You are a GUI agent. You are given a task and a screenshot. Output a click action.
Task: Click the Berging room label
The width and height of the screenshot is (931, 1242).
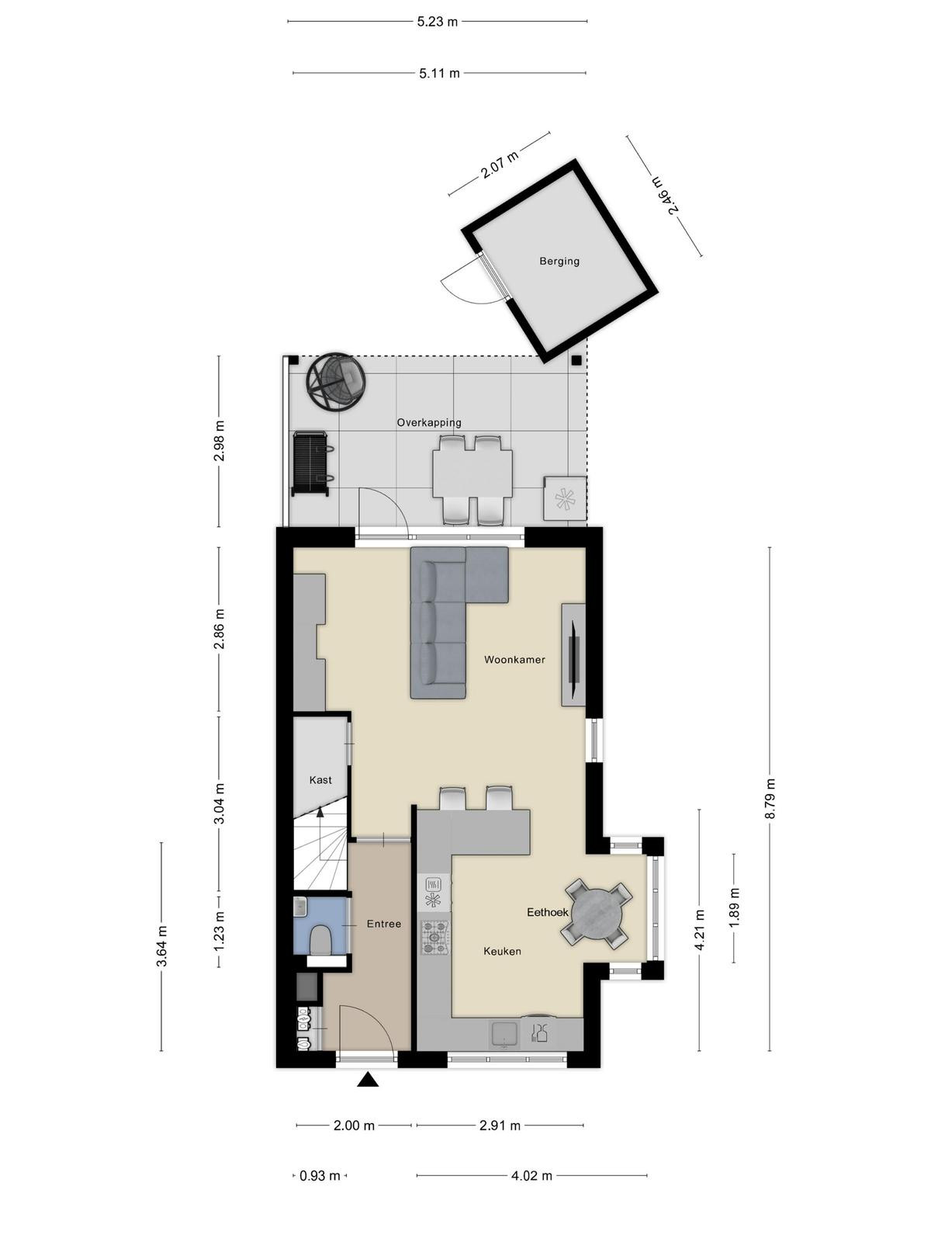(x=559, y=262)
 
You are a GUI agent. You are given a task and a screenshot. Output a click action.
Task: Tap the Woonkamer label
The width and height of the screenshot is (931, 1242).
(x=514, y=659)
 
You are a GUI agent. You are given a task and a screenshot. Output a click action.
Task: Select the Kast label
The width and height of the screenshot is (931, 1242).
(x=320, y=779)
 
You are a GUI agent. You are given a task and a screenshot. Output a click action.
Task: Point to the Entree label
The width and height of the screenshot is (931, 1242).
(x=384, y=924)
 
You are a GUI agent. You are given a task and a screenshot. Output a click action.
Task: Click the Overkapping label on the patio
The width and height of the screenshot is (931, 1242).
(x=429, y=423)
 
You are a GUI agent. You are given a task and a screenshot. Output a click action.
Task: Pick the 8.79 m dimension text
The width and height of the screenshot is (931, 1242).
(x=770, y=798)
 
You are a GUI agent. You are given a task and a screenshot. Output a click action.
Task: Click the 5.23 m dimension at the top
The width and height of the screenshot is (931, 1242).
(x=437, y=22)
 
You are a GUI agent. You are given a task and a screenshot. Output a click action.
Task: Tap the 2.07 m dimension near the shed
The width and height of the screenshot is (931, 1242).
(x=500, y=165)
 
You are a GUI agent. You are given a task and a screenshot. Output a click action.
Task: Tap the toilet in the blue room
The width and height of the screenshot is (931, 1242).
(x=321, y=940)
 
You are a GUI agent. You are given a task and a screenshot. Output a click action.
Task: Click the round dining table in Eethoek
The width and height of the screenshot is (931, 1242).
(x=597, y=912)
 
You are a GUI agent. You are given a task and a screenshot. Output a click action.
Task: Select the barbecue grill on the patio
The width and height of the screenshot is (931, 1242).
(x=311, y=464)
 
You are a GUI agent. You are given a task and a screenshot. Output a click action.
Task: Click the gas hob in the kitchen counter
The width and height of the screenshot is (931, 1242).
(x=434, y=937)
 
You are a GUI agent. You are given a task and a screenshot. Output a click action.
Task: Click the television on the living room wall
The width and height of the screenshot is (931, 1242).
(x=575, y=654)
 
